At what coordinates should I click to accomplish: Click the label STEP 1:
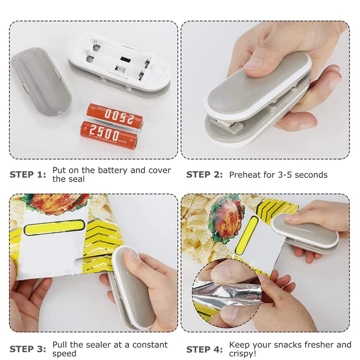(x=27, y=175)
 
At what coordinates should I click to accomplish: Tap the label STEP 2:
(x=204, y=175)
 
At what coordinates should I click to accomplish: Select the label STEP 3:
(x=27, y=349)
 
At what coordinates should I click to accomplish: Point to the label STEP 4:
(x=204, y=349)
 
